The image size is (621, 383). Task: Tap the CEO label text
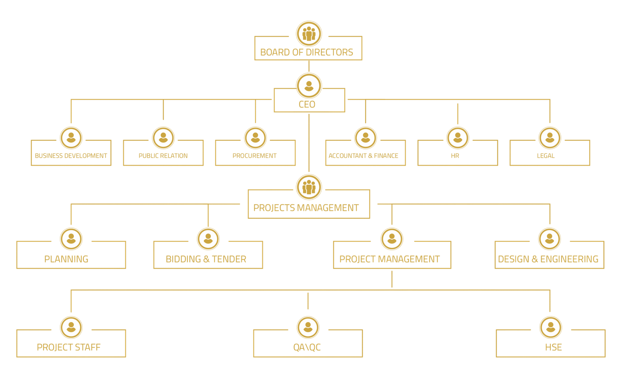[x=307, y=104]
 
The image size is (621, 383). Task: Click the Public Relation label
[x=163, y=155]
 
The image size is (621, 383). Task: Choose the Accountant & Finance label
[x=363, y=155]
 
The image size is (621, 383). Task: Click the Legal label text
[x=546, y=155]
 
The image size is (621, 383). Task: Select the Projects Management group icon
[x=309, y=187]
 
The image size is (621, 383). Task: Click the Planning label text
[x=66, y=259]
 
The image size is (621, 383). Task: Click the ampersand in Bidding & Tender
[x=206, y=259]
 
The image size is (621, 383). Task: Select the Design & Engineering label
[x=548, y=259]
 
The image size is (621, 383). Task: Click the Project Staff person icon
[x=71, y=328]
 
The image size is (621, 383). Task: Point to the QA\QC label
[x=307, y=347]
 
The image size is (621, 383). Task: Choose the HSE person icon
[x=550, y=328]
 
